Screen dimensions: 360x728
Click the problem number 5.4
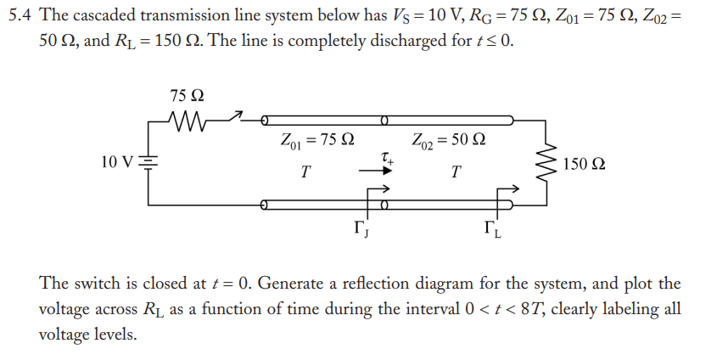point(21,14)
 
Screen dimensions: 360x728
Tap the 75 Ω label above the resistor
point(187,96)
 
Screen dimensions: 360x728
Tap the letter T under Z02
point(456,172)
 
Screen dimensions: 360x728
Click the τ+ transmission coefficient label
point(387,156)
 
